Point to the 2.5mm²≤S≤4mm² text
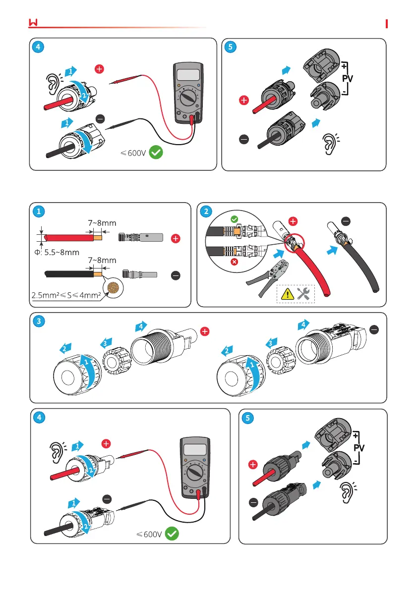[x=66, y=296]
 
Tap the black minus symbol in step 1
[x=176, y=275]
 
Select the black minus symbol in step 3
[x=375, y=329]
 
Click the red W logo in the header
[x=34, y=23]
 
